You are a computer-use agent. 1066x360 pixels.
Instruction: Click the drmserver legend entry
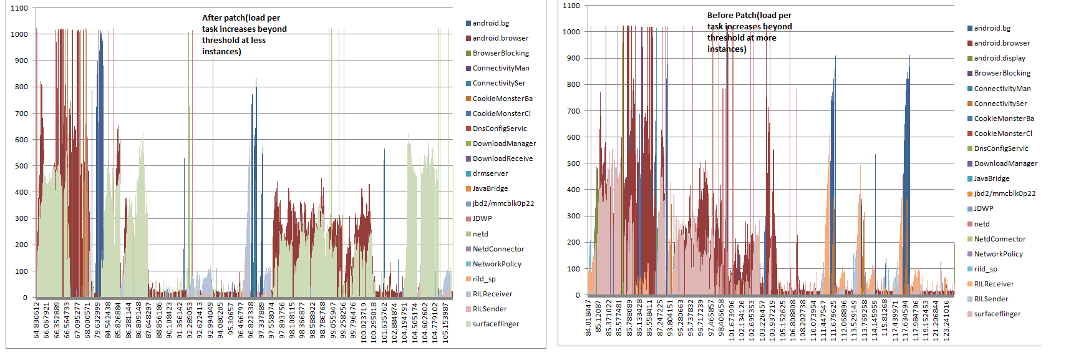tap(490, 173)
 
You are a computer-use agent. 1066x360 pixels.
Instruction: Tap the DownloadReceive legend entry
tap(502, 158)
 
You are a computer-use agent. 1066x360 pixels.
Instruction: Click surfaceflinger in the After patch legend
tap(495, 324)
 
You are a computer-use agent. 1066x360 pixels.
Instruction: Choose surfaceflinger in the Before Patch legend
tap(997, 314)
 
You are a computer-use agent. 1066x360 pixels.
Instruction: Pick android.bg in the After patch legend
tap(490, 23)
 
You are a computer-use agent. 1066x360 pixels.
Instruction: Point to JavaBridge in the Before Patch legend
tap(991, 178)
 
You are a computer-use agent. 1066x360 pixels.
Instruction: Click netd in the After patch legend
tap(480, 234)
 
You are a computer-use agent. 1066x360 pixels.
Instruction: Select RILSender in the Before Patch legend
tap(991, 299)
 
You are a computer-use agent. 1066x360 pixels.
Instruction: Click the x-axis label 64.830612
tap(37, 321)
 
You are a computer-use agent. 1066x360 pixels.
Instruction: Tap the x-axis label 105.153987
tap(445, 321)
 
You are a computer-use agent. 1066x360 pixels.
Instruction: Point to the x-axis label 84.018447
tap(588, 318)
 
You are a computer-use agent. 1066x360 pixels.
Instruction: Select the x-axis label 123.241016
tap(946, 318)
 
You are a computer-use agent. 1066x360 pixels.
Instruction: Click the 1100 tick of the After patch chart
tap(19, 8)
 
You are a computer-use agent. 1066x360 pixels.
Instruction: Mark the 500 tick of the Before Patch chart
tap(573, 163)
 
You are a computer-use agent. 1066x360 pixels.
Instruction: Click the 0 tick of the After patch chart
tap(25, 298)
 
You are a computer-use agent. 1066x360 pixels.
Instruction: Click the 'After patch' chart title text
tap(244, 35)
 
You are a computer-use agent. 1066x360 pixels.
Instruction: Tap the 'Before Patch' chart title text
tap(749, 32)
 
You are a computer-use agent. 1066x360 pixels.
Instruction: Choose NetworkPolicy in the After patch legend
tap(497, 264)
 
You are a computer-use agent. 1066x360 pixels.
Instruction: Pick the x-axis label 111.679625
tap(833, 318)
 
